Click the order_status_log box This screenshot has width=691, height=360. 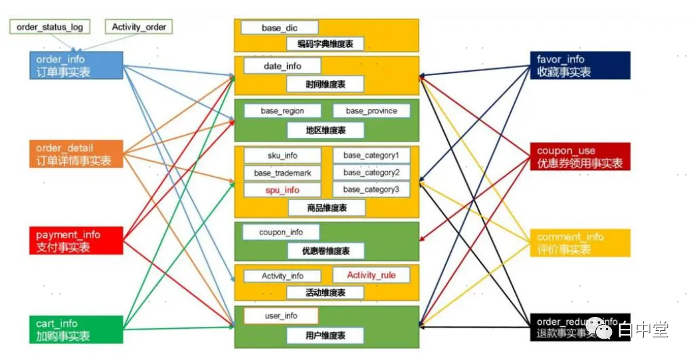pyautogui.click(x=50, y=27)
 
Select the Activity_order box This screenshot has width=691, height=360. pyautogui.click(x=139, y=27)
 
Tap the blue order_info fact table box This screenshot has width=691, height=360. pyautogui.click(x=76, y=66)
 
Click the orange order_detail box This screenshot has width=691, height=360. pyautogui.click(x=76, y=154)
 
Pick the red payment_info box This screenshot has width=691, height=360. pyautogui.click(x=76, y=240)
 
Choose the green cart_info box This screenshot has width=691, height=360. pyautogui.click(x=76, y=329)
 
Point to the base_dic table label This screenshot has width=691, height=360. pyautogui.click(x=280, y=28)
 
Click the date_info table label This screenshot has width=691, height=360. pyautogui.click(x=282, y=66)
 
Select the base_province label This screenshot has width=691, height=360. pyautogui.click(x=371, y=111)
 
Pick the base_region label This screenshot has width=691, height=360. pyautogui.click(x=282, y=111)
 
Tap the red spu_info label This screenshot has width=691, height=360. pyautogui.click(x=282, y=190)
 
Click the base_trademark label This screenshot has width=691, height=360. pyautogui.click(x=282, y=173)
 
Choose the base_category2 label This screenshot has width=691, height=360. pyautogui.click(x=371, y=173)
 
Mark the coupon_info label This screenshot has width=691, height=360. pyautogui.click(x=280, y=232)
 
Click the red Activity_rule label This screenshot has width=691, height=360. pyautogui.click(x=371, y=275)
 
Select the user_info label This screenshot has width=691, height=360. pyautogui.click(x=281, y=315)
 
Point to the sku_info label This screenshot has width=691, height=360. pyautogui.click(x=282, y=155)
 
